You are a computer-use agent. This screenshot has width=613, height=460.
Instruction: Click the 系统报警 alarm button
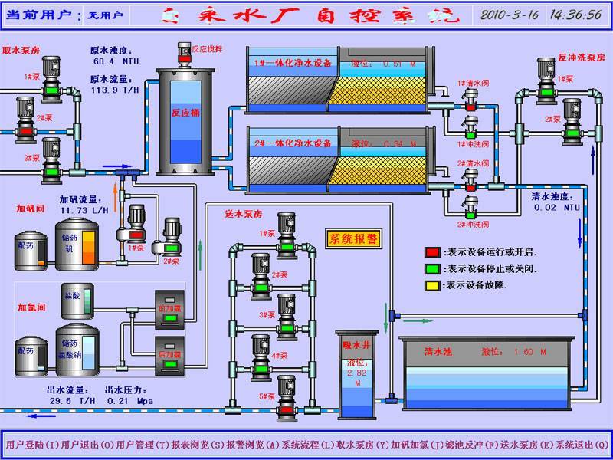(x=353, y=238)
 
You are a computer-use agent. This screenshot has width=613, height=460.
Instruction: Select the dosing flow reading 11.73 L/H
(x=85, y=210)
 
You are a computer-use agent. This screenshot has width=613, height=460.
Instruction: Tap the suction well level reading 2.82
(x=357, y=373)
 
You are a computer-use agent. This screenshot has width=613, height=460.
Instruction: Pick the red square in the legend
(x=433, y=251)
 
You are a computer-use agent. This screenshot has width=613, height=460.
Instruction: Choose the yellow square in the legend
(x=433, y=284)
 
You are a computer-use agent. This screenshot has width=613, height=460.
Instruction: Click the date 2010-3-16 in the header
(x=510, y=15)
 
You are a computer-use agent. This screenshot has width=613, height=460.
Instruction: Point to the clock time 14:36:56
(x=575, y=15)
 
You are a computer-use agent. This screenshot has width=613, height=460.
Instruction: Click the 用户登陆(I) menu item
(x=31, y=445)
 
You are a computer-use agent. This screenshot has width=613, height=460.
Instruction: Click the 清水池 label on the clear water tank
(x=438, y=352)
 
